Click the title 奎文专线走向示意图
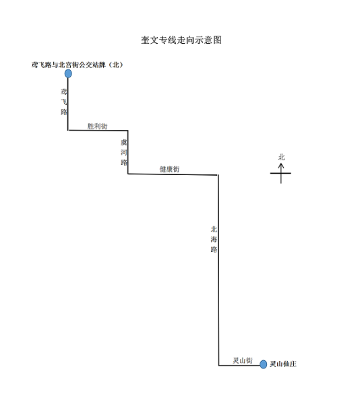pyautogui.click(x=181, y=40)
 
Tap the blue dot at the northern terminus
pyautogui.click(x=68, y=73)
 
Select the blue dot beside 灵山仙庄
pyautogui.click(x=263, y=364)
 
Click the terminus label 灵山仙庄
pyautogui.click(x=283, y=364)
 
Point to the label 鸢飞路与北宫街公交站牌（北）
pyautogui.click(x=78, y=65)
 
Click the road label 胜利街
pyautogui.click(x=98, y=127)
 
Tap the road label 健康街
pyautogui.click(x=169, y=169)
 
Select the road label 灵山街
pyautogui.click(x=243, y=360)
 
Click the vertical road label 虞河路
pyautogui.click(x=124, y=152)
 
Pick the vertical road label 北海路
pyautogui.click(x=214, y=239)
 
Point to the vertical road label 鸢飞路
pyautogui.click(x=64, y=102)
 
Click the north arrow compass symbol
pyautogui.click(x=281, y=174)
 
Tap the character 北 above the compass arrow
pyautogui.click(x=282, y=157)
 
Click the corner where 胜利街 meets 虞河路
pyautogui.click(x=128, y=131)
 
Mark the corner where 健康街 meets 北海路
pyautogui.click(x=218, y=175)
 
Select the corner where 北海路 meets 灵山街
pyautogui.click(x=218, y=365)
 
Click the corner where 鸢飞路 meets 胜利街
pyautogui.click(x=68, y=130)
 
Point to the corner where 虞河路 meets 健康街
pyautogui.click(x=128, y=174)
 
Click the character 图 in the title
pyautogui.click(x=217, y=40)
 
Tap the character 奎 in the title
pyautogui.click(x=145, y=40)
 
